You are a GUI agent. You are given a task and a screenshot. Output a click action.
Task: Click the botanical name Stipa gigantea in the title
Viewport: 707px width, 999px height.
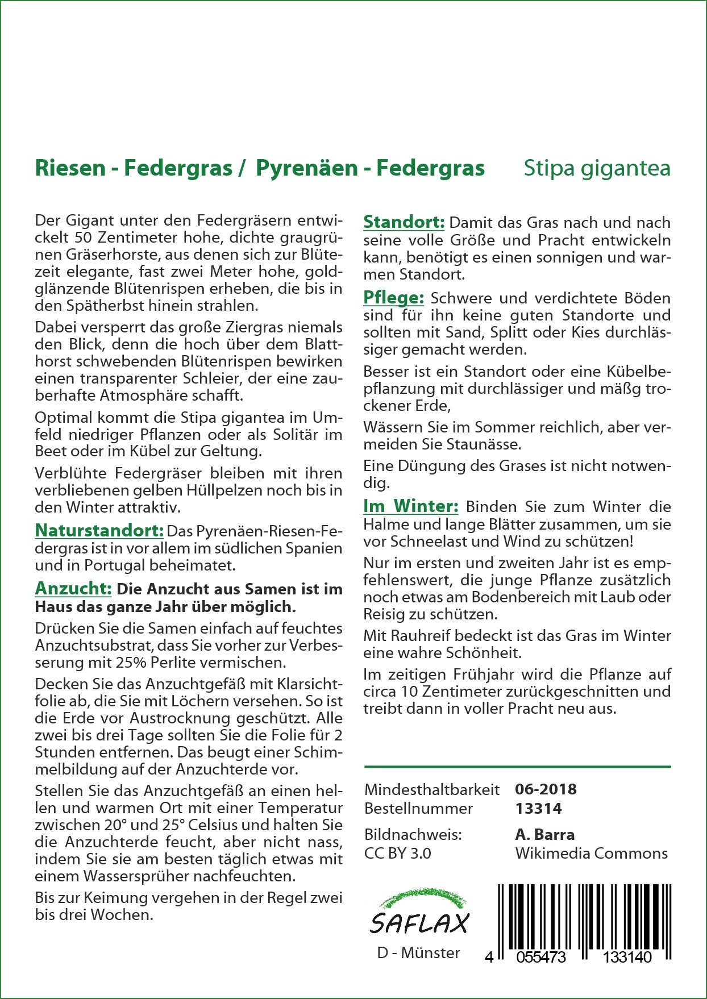pos(597,168)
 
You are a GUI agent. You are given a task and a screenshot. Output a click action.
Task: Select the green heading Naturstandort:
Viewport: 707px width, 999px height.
pos(99,531)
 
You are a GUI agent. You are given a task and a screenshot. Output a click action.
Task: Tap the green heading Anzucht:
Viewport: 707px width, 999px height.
pos(73,588)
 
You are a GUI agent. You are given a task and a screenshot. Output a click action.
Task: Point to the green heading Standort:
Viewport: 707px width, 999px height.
pos(404,222)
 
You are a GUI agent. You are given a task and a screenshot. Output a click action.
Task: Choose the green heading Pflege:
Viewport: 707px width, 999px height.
pos(393,297)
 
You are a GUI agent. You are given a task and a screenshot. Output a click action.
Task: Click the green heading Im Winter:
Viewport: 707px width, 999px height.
pos(410,506)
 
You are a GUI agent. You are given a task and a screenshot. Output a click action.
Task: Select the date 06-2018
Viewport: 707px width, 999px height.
pos(546,789)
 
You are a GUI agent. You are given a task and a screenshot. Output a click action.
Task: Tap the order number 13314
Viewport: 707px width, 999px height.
pos(538,808)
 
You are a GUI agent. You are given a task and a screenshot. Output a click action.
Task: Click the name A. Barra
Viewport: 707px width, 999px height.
pos(544,834)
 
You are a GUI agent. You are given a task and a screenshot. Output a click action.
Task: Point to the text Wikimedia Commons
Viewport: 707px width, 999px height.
pos(591,853)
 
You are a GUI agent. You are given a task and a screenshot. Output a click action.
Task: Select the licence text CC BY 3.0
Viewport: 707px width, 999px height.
pos(397,853)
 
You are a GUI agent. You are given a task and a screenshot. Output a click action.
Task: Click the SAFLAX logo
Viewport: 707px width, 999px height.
pos(419,915)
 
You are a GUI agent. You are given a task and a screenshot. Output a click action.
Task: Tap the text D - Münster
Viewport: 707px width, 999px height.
pos(418,953)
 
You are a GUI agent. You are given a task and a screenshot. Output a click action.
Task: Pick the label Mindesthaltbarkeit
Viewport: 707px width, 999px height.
pos(432,789)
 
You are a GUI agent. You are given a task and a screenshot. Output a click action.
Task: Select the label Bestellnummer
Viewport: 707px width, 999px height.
pos(418,808)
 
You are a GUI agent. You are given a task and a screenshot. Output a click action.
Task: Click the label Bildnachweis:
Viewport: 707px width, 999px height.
pos(413,834)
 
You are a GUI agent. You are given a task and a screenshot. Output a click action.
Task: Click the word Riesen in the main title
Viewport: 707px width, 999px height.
pos(70,168)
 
